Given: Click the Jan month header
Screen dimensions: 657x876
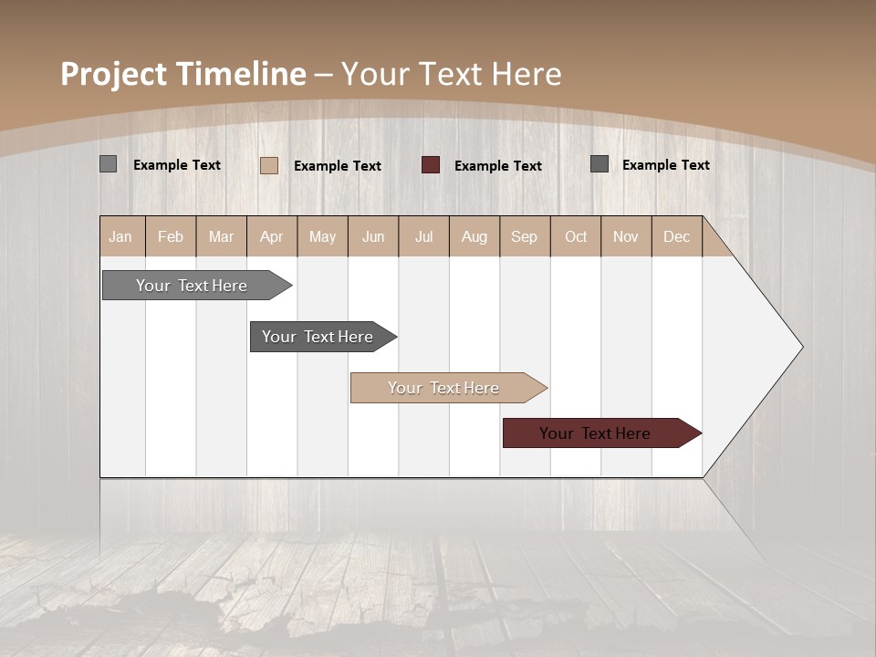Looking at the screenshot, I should click(120, 237).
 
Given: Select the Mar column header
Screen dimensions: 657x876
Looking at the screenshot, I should click(221, 237).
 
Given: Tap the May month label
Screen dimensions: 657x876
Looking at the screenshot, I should click(322, 237).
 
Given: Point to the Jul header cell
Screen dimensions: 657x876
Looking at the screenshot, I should click(423, 237).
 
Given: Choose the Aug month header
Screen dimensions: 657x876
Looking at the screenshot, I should click(474, 237).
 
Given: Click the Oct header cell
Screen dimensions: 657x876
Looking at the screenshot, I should click(576, 237).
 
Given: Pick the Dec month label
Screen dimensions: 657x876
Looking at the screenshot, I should click(676, 237).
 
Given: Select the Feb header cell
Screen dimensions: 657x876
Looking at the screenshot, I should click(171, 237).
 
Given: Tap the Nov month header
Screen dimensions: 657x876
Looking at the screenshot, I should click(625, 237).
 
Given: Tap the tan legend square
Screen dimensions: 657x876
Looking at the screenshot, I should click(269, 165).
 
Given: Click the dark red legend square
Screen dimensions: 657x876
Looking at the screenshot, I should click(431, 164).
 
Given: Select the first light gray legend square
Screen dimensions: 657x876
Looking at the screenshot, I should click(108, 164).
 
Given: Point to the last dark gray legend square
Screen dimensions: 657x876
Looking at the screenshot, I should click(600, 164).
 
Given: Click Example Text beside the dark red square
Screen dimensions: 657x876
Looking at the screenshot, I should click(497, 166).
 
